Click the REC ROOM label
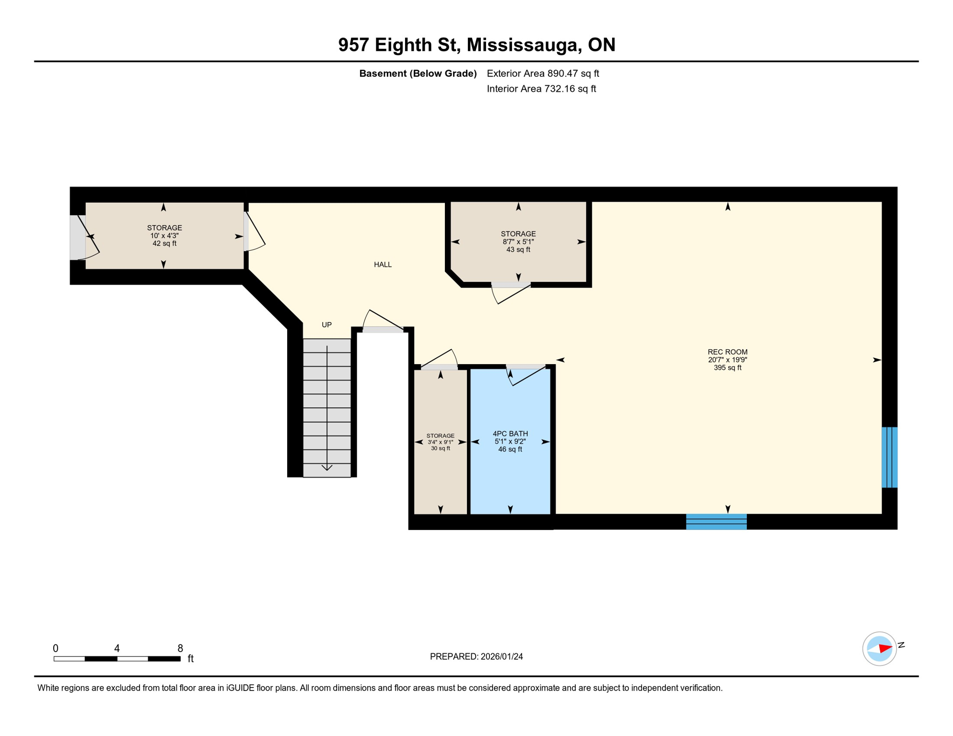[x=727, y=352]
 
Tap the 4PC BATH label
[x=510, y=434]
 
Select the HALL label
[x=383, y=264]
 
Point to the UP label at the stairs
[x=326, y=325]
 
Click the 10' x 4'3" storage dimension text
[x=164, y=236]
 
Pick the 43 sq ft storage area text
[x=518, y=250]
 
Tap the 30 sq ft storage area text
[x=440, y=448]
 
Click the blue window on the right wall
[x=889, y=457]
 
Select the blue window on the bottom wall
[x=716, y=521]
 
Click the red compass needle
[x=885, y=649]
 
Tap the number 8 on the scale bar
[x=180, y=648]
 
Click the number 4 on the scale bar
[x=117, y=648]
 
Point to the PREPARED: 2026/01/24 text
[x=476, y=656]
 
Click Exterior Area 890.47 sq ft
[x=543, y=73]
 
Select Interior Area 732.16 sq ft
[x=541, y=89]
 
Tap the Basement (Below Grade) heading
[x=418, y=73]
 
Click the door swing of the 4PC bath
[x=526, y=377]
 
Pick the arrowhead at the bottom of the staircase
[x=327, y=468]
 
